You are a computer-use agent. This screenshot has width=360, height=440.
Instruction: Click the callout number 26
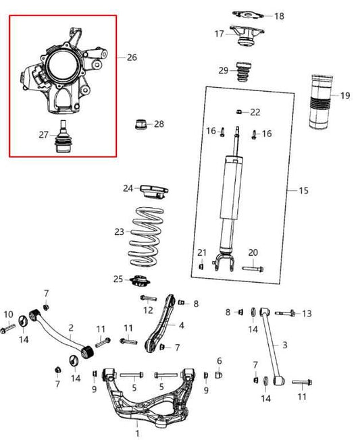click(x=131, y=57)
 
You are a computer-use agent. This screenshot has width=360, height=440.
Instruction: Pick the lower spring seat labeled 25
click(x=143, y=281)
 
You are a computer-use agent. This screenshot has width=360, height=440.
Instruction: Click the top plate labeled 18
click(x=246, y=14)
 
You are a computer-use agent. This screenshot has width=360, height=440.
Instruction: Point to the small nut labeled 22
click(x=239, y=111)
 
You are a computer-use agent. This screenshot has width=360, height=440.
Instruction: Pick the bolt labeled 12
click(x=147, y=298)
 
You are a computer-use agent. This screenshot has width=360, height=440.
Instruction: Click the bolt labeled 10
click(x=7, y=329)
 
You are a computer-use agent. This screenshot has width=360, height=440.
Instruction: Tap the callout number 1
click(x=138, y=433)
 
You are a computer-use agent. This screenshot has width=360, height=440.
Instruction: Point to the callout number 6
click(x=219, y=361)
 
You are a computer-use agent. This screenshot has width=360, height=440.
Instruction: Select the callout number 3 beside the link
click(x=284, y=345)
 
